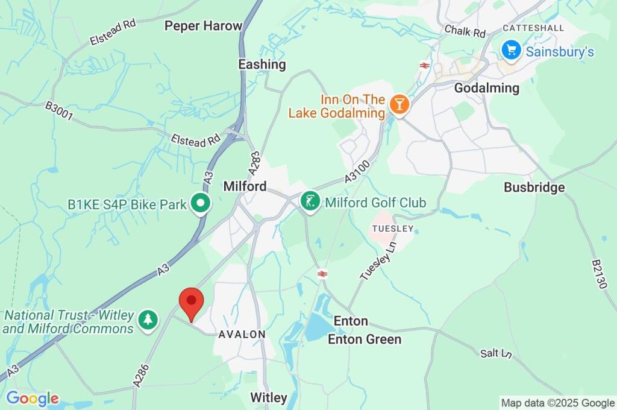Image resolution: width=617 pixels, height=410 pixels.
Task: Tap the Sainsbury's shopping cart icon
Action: tap(511, 50)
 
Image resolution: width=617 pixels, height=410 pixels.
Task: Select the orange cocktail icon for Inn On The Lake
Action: tap(398, 103)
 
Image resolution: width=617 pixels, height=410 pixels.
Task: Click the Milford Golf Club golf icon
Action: tap(310, 202)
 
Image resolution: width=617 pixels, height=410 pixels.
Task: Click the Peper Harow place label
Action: tap(203, 26)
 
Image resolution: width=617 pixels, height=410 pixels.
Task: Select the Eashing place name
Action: tap(262, 65)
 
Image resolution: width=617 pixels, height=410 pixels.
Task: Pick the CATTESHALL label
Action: tap(533, 28)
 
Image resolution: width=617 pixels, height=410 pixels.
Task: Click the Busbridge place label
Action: tap(534, 188)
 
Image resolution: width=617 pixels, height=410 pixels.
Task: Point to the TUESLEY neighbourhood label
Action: tap(393, 229)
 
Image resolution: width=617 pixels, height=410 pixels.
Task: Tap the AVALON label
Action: tap(242, 334)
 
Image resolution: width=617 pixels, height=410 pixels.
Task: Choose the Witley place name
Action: tap(269, 397)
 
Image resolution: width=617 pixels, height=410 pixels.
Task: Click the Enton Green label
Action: tap(364, 339)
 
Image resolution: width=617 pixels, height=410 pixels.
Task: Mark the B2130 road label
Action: tap(598, 275)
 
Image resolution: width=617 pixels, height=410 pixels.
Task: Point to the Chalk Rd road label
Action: tap(465, 31)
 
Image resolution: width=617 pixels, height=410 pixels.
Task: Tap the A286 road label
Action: tap(140, 374)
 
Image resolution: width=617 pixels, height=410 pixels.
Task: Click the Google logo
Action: tap(33, 399)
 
